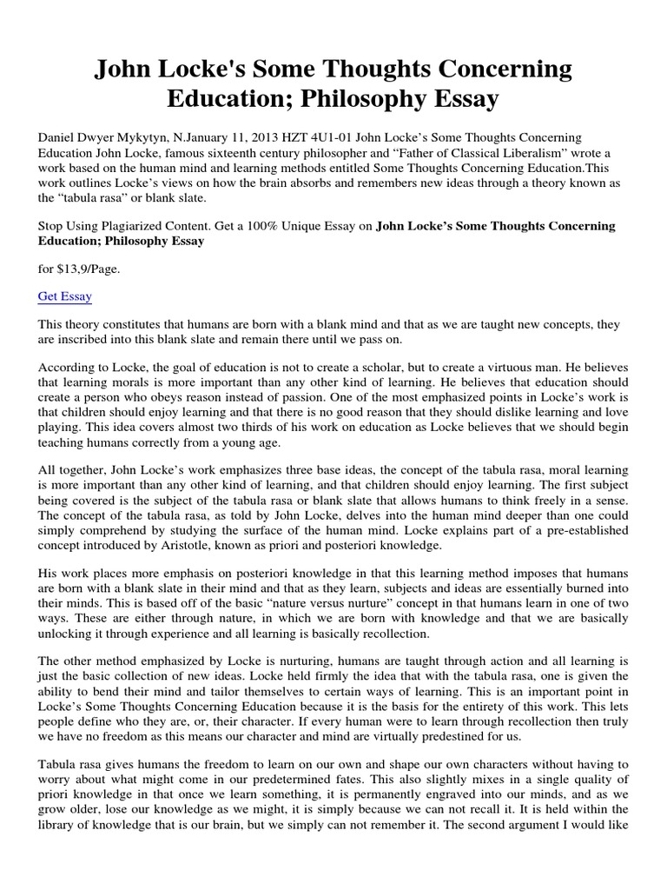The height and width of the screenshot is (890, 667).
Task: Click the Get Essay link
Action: tap(65, 296)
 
